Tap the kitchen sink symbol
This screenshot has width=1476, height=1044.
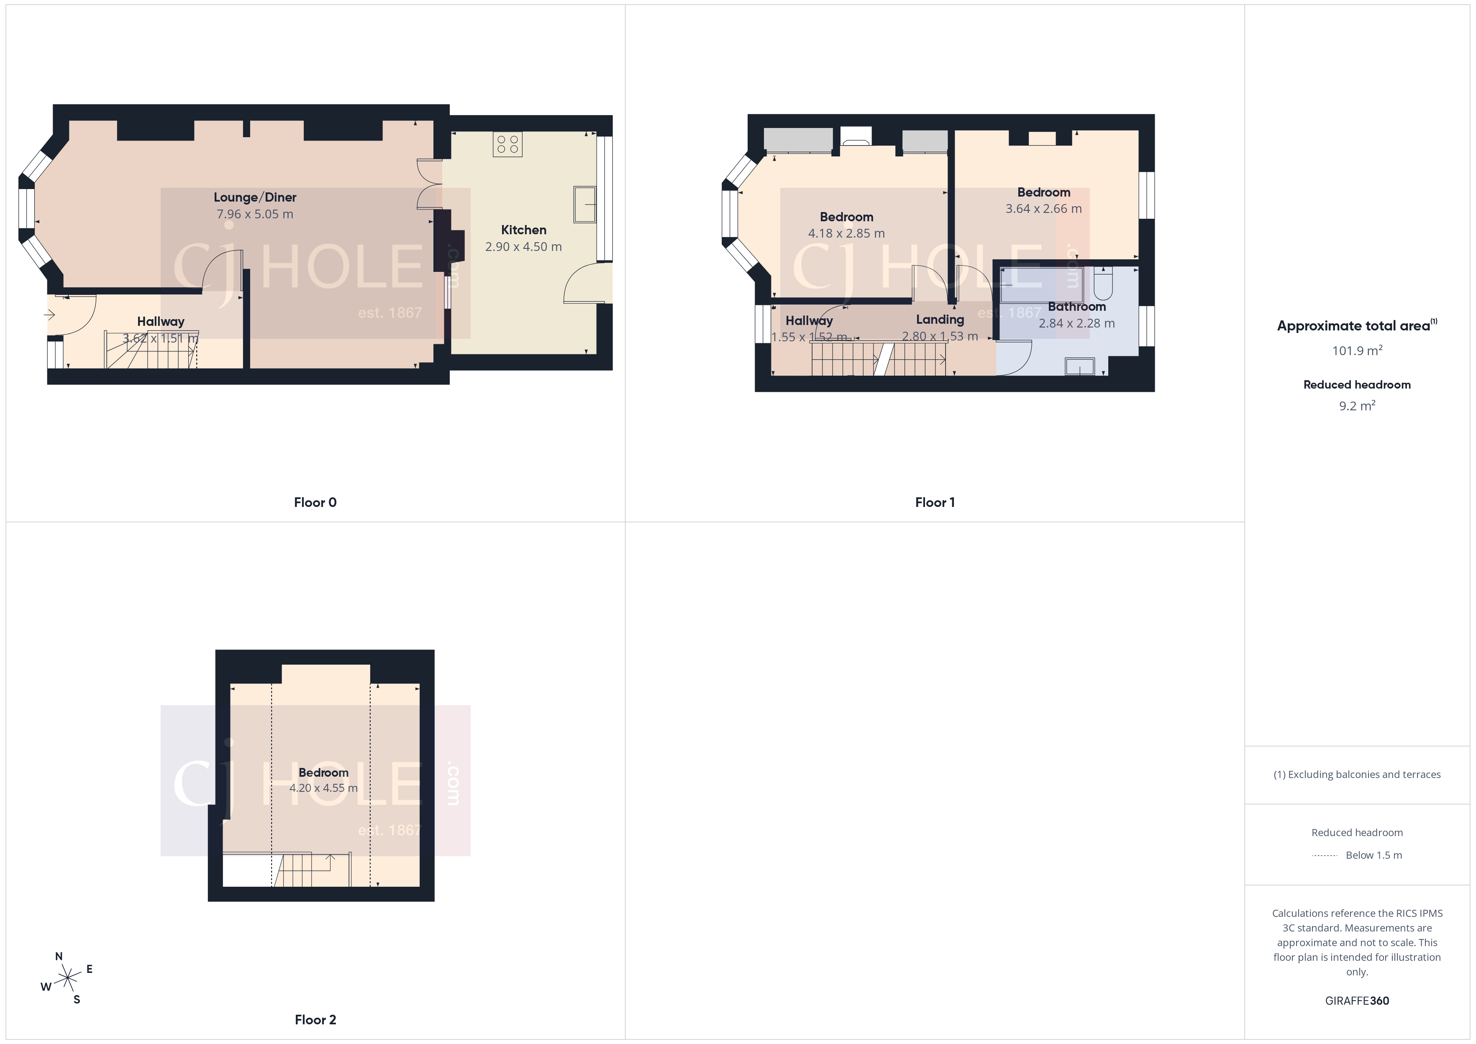tap(584, 205)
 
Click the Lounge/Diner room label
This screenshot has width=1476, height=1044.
tap(254, 197)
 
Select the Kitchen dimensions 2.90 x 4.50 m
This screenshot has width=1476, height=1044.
tap(523, 247)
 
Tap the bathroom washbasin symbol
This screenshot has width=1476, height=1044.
tap(1079, 366)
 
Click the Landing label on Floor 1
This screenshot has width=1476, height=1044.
tap(940, 320)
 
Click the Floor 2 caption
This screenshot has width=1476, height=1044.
tap(315, 1020)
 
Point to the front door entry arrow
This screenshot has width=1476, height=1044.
tap(49, 315)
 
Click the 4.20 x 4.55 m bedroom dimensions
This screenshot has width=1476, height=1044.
tap(323, 788)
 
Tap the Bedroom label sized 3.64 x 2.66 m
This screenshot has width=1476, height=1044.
tap(1043, 192)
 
